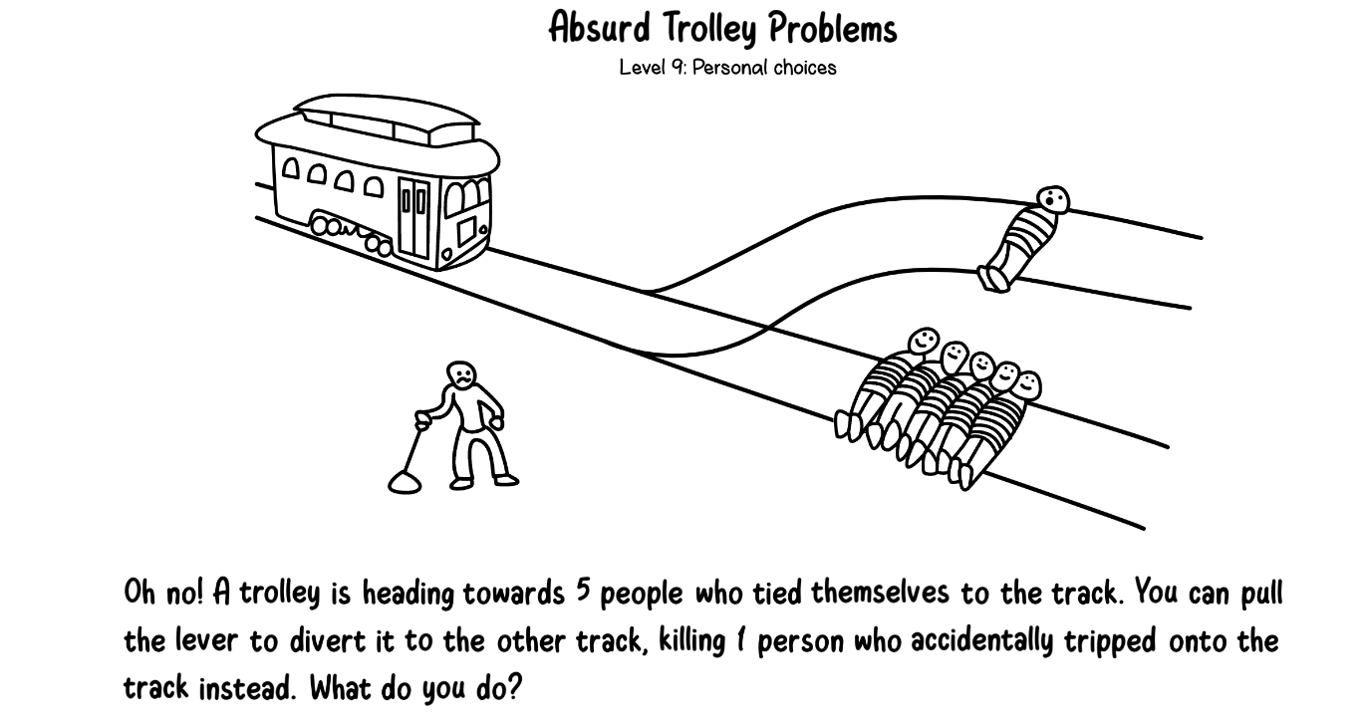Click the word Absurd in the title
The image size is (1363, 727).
click(600, 28)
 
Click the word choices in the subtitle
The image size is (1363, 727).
click(805, 67)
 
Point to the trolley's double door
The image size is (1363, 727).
click(414, 217)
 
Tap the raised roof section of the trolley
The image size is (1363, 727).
click(387, 119)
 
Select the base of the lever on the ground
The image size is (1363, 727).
click(405, 482)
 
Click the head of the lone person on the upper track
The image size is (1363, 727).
click(1053, 199)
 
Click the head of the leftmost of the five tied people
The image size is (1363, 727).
click(924, 341)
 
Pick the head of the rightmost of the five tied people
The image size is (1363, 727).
click(1027, 385)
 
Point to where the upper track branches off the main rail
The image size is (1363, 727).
click(648, 293)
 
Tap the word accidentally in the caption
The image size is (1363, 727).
click(982, 641)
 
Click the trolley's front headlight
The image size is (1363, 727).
click(483, 229)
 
